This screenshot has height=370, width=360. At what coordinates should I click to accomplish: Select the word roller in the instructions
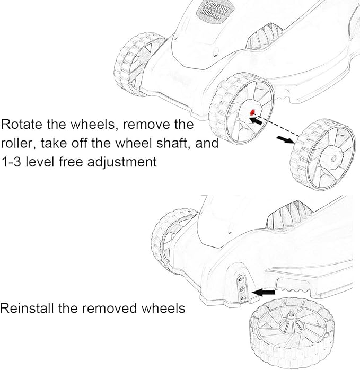18,144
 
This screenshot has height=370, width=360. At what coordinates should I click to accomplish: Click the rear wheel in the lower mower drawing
171,236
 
